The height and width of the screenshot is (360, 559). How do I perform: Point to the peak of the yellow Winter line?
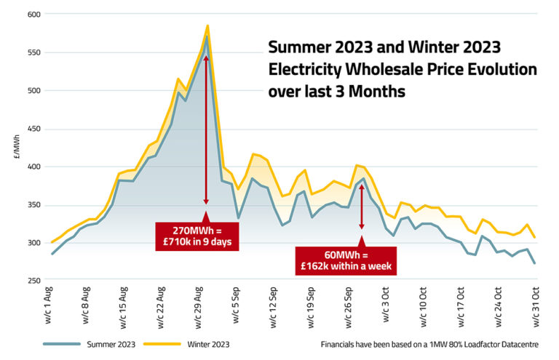coord(207,25)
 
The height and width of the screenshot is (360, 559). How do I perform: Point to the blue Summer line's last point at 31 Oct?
coord(535,263)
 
